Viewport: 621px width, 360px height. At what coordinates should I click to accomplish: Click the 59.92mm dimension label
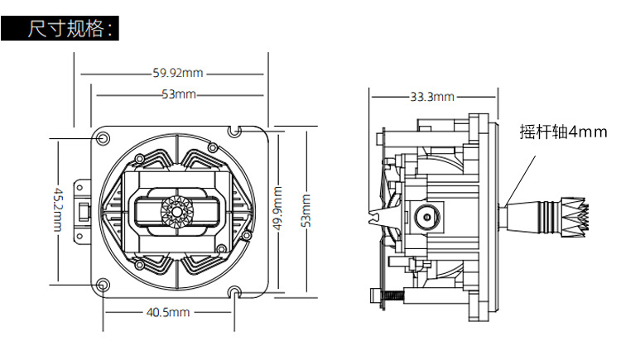coord(178,73)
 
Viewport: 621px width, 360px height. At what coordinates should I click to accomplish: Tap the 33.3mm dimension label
coord(432,97)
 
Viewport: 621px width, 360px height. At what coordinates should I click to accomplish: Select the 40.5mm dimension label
coord(168,312)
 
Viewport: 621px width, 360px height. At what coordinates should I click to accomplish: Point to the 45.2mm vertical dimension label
coord(58,210)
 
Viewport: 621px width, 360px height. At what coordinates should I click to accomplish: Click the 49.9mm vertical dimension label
coord(277,209)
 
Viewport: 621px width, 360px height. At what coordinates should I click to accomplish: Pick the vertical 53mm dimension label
coord(306,211)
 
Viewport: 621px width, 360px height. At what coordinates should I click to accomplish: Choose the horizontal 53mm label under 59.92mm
coord(179,94)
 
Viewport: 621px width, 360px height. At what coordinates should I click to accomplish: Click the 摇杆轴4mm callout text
coord(563,132)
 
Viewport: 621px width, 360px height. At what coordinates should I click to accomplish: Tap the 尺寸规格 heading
coord(66,28)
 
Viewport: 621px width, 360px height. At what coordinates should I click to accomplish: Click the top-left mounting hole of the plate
coord(103,138)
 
